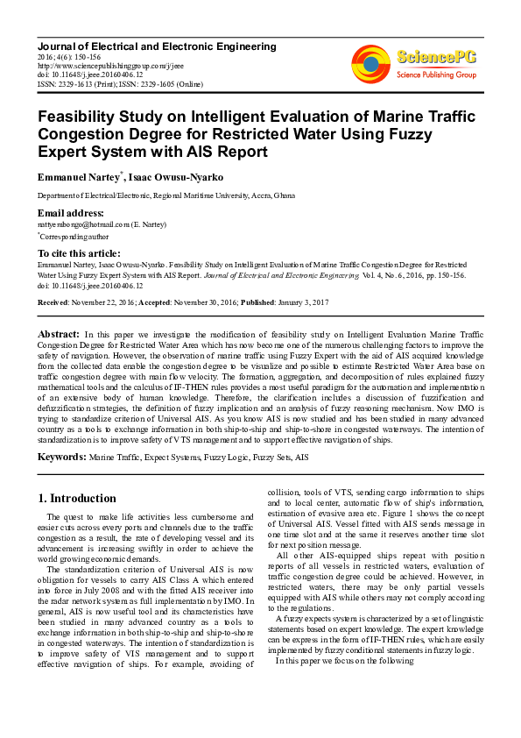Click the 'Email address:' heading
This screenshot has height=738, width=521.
tap(71, 213)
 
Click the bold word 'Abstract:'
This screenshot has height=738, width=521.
tap(60, 334)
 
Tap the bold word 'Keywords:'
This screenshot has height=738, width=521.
tap(61, 458)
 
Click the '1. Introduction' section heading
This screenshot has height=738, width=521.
tap(77, 499)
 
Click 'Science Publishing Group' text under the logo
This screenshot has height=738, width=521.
tap(435, 75)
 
